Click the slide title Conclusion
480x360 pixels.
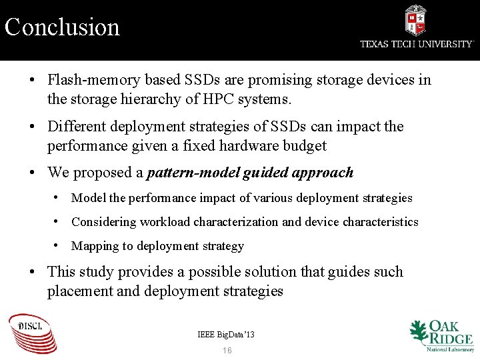tap(62, 27)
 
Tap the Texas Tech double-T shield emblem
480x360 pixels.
tap(416, 20)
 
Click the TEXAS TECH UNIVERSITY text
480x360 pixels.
tap(417, 44)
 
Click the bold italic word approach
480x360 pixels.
tap(317, 173)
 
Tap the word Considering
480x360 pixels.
tap(103, 222)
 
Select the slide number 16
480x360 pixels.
tap(227, 351)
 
